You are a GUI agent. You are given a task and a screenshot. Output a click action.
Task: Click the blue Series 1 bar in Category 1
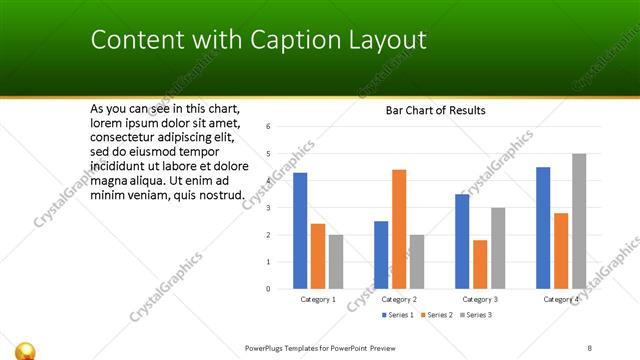pyautogui.click(x=300, y=231)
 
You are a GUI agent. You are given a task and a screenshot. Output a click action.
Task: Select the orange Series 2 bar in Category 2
pyautogui.click(x=399, y=229)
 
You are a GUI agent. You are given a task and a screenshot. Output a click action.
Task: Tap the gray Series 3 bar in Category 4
pyautogui.click(x=579, y=221)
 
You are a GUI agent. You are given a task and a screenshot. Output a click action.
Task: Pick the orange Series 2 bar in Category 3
pyautogui.click(x=480, y=264)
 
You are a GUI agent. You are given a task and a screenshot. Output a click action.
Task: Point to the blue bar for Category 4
pyautogui.click(x=543, y=228)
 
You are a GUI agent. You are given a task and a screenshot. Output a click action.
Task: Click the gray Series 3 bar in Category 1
pyautogui.click(x=336, y=262)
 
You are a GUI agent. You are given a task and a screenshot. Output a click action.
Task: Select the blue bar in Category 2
pyautogui.click(x=381, y=255)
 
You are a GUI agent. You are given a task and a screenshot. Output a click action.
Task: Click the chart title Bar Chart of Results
pyautogui.click(x=436, y=111)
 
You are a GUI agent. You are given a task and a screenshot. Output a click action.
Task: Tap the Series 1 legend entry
pyautogui.click(x=397, y=315)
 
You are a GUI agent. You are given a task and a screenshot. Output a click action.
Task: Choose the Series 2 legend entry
pyautogui.click(x=437, y=315)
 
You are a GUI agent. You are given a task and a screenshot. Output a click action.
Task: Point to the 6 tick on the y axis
pyautogui.click(x=268, y=127)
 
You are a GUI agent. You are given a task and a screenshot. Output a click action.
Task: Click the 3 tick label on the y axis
pyautogui.click(x=268, y=208)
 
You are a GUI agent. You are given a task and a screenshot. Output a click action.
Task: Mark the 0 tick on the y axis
pyautogui.click(x=268, y=289)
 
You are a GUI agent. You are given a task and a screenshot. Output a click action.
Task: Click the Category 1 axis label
pyautogui.click(x=318, y=299)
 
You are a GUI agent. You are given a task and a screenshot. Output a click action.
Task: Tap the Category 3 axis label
pyautogui.click(x=480, y=299)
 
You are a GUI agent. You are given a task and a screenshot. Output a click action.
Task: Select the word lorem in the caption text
pyautogui.click(x=106, y=123)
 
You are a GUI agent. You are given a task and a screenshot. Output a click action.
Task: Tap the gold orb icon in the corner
pyautogui.click(x=27, y=350)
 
